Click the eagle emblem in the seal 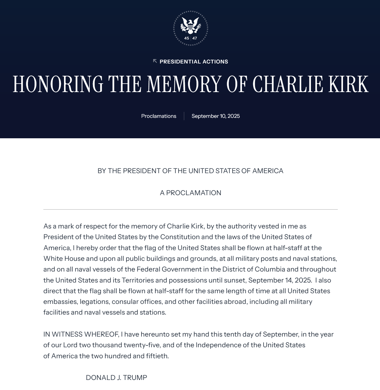click(x=190, y=25)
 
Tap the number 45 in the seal click(x=187, y=38)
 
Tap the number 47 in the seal click(x=195, y=38)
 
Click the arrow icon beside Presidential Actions click(x=155, y=61)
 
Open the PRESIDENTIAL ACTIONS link click(x=194, y=62)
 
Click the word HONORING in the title click(x=58, y=84)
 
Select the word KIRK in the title click(x=348, y=84)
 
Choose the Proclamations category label click(x=159, y=116)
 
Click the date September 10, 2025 click(x=216, y=116)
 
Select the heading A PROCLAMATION click(x=190, y=193)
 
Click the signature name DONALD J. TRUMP click(x=116, y=377)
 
